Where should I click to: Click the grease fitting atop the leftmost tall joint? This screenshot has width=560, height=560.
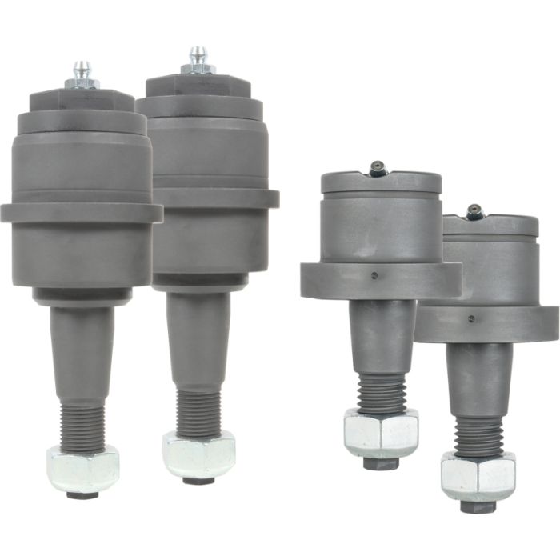tap(82, 74)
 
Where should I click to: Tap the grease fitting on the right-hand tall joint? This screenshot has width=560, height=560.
tap(198, 61)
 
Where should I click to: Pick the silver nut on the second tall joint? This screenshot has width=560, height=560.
tap(198, 454)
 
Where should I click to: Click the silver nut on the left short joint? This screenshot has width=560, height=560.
tap(381, 433)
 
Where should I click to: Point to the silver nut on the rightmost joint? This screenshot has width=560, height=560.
tap(478, 475)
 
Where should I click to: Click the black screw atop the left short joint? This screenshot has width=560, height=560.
tap(378, 167)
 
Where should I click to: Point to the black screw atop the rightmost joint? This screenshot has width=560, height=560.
tap(475, 211)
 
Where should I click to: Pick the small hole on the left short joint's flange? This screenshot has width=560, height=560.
tap(374, 276)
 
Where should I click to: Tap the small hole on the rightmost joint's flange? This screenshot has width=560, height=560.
tap(470, 319)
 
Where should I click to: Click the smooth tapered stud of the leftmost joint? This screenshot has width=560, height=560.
tap(82, 352)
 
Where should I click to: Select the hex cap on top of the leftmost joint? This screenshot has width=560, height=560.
tap(82, 99)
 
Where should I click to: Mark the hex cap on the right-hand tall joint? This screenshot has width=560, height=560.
tap(198, 86)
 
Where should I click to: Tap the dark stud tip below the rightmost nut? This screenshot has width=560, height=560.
tap(478, 506)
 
